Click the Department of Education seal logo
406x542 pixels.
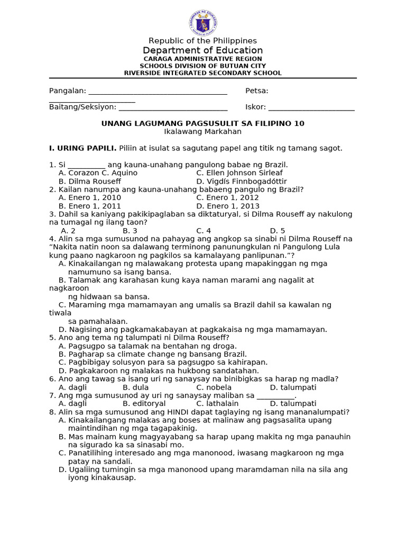(202, 23)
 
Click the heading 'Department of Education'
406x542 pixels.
(202, 50)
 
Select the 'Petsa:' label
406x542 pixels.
(256, 91)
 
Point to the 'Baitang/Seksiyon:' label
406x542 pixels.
(82, 107)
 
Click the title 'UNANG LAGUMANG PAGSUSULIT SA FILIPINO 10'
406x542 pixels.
(202, 123)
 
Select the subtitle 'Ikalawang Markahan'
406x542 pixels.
(202, 131)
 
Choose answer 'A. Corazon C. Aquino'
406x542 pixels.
(98, 173)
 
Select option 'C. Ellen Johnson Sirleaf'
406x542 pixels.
(239, 173)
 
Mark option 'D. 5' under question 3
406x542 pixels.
(277, 231)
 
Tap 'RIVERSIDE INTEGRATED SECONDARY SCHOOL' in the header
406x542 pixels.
(202, 73)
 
